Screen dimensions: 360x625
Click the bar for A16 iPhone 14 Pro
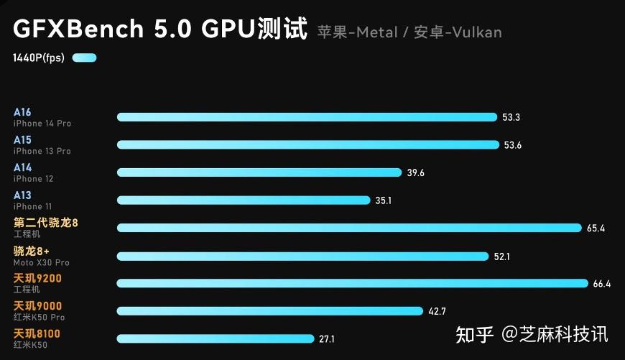[307, 117]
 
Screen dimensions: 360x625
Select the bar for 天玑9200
[352, 283]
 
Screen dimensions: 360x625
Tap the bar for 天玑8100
[216, 338]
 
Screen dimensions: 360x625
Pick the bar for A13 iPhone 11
[244, 200]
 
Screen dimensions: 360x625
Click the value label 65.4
[596, 229]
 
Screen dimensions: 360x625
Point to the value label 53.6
[512, 145]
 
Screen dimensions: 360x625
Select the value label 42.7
[437, 311]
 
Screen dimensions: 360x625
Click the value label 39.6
[415, 172]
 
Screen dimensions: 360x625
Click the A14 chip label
[22, 167]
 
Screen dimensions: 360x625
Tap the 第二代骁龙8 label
[46, 223]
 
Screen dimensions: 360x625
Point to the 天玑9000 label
[37, 306]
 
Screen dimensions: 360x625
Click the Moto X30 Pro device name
[42, 262]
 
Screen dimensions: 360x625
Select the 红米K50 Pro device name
[39, 317]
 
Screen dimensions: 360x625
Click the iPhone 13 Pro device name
[42, 151]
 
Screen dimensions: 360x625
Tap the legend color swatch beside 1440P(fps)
[84, 58]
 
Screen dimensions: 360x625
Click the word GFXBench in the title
[77, 29]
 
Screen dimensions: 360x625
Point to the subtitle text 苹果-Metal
[358, 32]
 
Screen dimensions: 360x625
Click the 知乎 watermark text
[475, 335]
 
